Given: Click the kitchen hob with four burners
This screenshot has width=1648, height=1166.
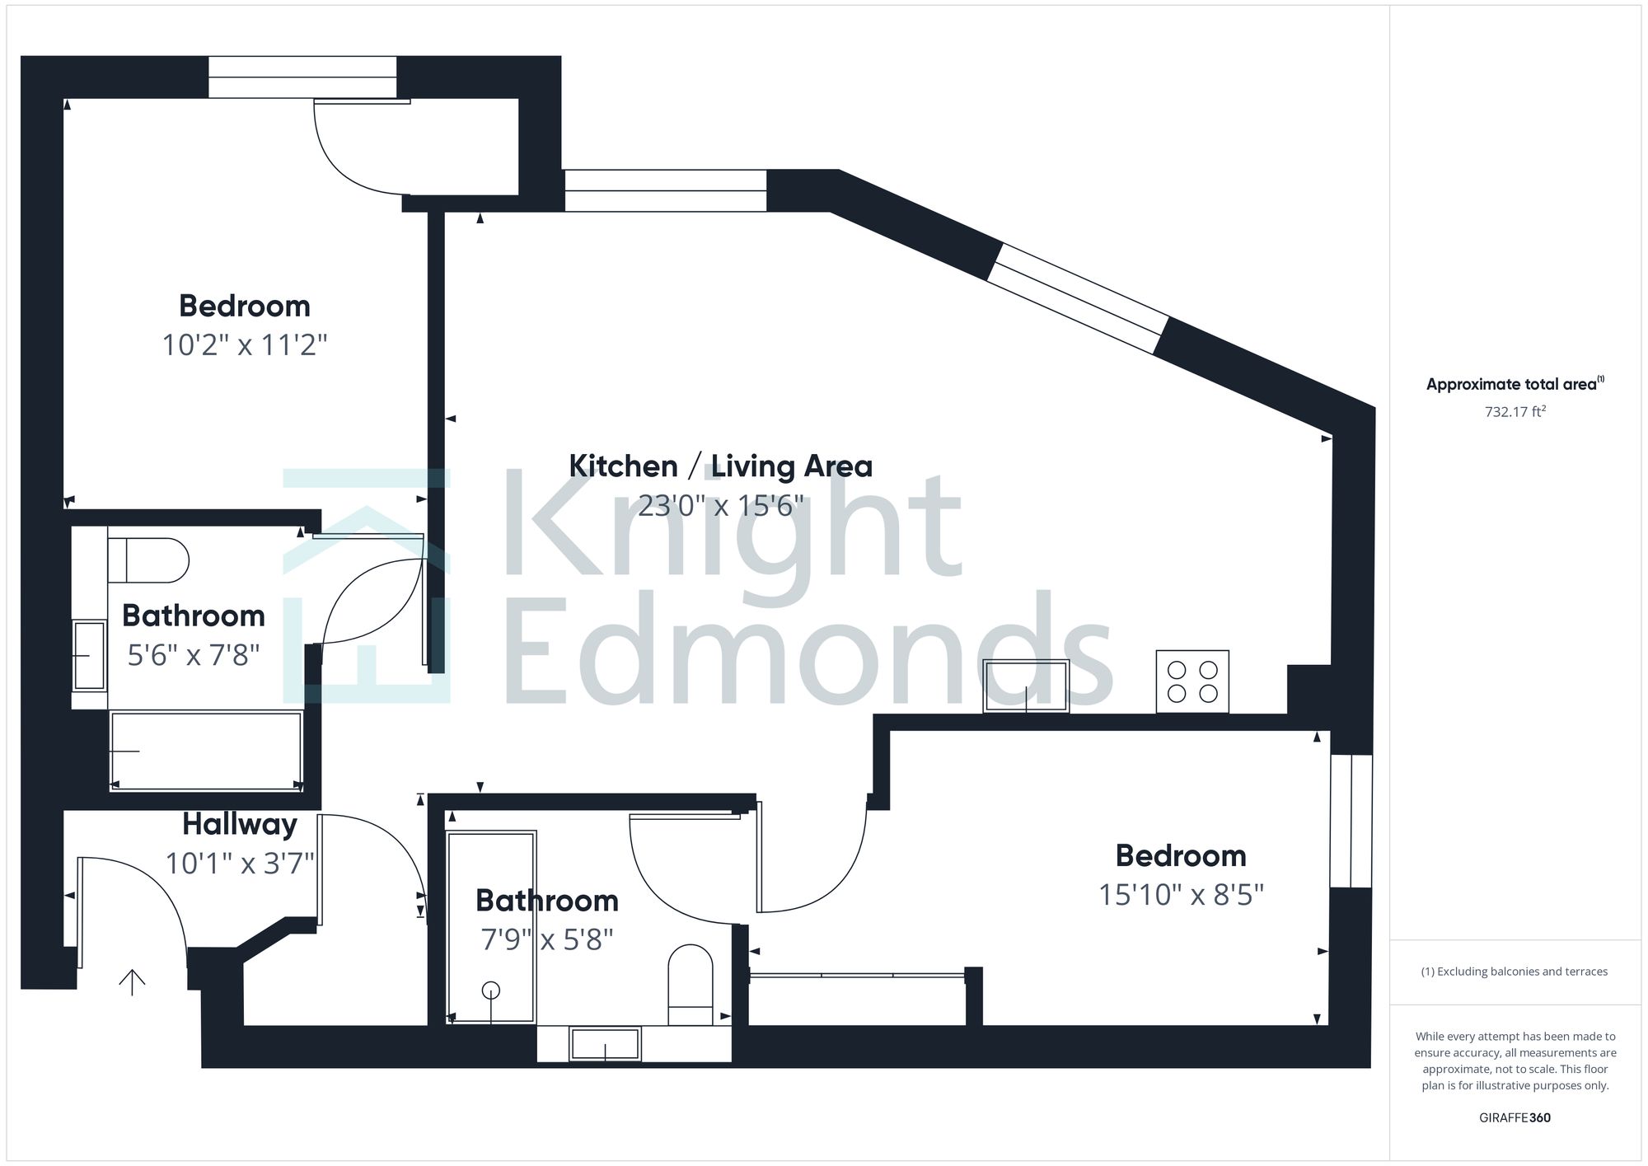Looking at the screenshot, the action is click(x=1192, y=681).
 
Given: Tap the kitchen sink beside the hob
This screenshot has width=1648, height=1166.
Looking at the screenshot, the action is click(x=1026, y=686).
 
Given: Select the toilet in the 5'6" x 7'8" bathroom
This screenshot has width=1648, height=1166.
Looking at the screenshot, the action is click(x=148, y=560).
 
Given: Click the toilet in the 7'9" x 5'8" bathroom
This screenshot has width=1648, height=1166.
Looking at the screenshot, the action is click(x=690, y=985).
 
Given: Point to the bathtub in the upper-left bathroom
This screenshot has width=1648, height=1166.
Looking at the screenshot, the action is click(x=206, y=751).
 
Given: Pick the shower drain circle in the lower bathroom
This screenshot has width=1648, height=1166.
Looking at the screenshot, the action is click(x=491, y=990).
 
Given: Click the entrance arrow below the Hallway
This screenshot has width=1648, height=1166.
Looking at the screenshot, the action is click(x=132, y=981).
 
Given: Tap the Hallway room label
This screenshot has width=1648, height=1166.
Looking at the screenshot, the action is click(x=240, y=823).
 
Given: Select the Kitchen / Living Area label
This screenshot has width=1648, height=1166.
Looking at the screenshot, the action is click(x=721, y=466).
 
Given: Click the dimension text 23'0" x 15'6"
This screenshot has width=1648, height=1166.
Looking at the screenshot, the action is click(x=721, y=505).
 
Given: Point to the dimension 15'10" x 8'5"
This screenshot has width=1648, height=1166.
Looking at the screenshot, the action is click(x=1181, y=894).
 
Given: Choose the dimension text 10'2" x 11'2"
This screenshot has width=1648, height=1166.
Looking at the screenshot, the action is click(x=245, y=344).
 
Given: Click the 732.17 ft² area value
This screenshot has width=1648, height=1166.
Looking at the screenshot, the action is click(x=1515, y=411).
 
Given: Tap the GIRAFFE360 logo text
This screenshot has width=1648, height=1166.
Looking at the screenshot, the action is click(x=1515, y=1118).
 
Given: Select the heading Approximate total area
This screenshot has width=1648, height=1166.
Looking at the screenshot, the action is click(x=1515, y=384).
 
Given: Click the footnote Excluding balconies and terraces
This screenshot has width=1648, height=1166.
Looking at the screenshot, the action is click(x=1515, y=972).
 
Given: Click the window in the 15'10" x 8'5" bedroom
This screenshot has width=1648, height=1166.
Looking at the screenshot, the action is click(x=1351, y=821).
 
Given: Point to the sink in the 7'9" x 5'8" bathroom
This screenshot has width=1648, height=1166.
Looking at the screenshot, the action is click(x=606, y=1044).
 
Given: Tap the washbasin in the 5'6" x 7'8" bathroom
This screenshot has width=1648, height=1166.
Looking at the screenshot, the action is click(x=89, y=655).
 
